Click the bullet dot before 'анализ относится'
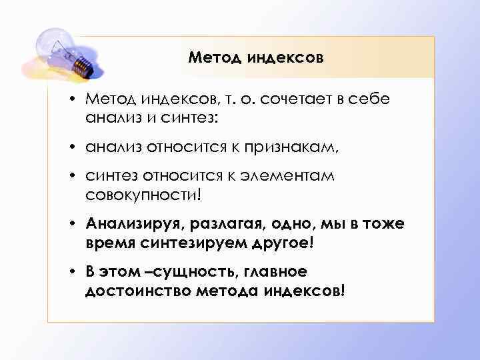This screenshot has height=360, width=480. (77, 147)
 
